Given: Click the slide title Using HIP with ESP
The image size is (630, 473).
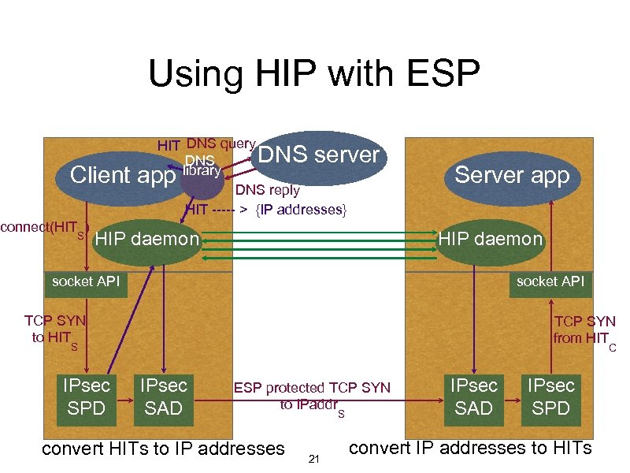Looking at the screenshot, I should point(313,75).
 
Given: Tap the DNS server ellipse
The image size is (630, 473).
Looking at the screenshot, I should point(319,155).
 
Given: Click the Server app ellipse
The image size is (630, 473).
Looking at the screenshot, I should point(511,174).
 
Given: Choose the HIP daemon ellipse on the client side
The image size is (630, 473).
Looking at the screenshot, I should point(146,239).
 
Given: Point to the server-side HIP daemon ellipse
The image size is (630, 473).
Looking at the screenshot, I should point(491,239).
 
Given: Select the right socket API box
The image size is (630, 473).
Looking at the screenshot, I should point(550,281).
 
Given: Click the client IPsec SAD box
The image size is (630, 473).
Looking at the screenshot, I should point(163,396).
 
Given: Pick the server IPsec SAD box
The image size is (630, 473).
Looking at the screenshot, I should point(473,396).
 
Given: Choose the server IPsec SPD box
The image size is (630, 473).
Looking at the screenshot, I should point(550,396).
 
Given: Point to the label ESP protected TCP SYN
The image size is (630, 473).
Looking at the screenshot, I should point(312,388).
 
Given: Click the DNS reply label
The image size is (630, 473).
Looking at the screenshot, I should point(268,190).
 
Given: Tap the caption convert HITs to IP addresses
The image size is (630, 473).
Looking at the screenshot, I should point(162,449).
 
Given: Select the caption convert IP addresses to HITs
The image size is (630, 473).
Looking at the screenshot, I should point(469,448).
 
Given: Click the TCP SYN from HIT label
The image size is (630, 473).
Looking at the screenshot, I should point(584,330).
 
